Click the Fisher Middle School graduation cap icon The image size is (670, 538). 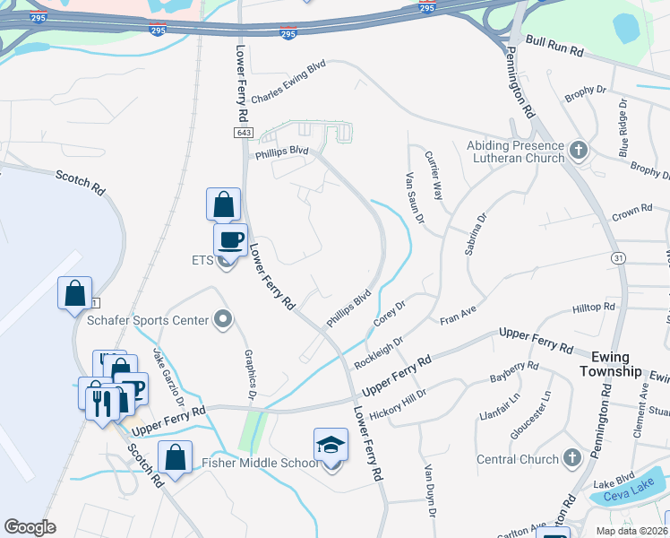[x=331, y=445]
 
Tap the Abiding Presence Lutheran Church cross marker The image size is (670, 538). [x=579, y=149]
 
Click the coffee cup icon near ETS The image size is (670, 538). [x=230, y=240]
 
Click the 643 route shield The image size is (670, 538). [x=244, y=133]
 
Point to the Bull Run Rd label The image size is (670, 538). [x=554, y=47]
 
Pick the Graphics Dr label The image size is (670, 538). [x=251, y=376]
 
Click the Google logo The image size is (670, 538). [x=30, y=527]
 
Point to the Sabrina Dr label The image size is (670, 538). [x=475, y=234]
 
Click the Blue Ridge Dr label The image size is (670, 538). [x=623, y=126]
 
